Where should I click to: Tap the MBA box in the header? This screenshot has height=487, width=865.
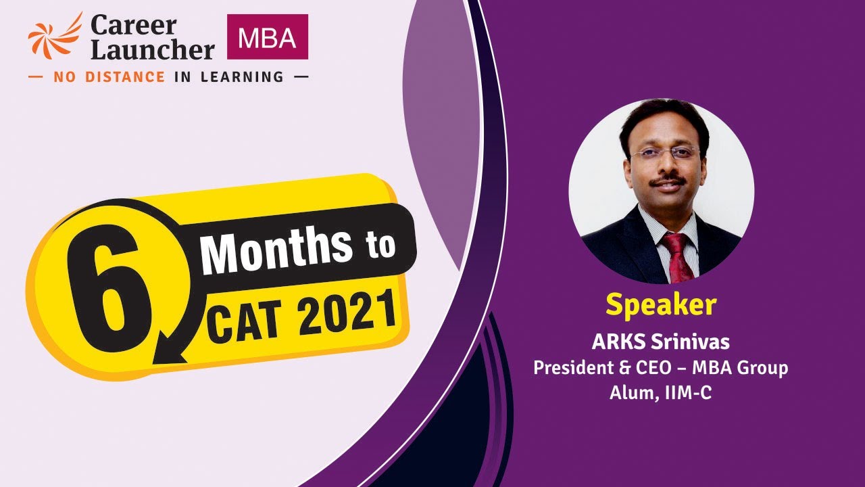coord(268,37)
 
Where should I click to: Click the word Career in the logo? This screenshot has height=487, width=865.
coord(134,26)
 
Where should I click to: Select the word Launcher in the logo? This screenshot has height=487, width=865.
coord(153,50)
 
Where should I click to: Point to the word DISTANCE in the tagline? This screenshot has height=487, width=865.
coord(119,77)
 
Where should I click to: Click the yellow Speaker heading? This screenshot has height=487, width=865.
coord(660,305)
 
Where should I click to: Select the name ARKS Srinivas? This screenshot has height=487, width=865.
coord(660,342)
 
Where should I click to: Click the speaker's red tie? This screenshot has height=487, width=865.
coord(678,256)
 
